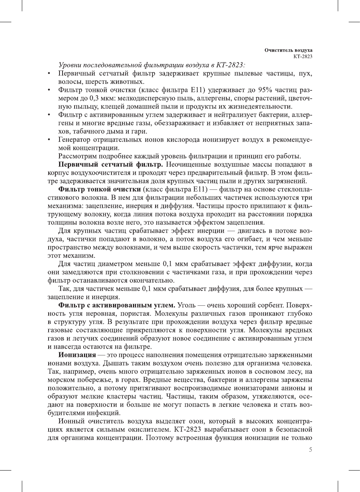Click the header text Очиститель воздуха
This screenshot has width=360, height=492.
pos(288,50)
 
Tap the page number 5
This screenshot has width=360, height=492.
pos(310,449)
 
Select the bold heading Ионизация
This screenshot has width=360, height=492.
pos(77,355)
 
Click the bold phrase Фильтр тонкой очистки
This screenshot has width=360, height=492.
pos(99,189)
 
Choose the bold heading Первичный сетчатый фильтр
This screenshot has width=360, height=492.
pos(110,165)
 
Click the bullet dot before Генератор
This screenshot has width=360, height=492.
pos(49,140)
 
